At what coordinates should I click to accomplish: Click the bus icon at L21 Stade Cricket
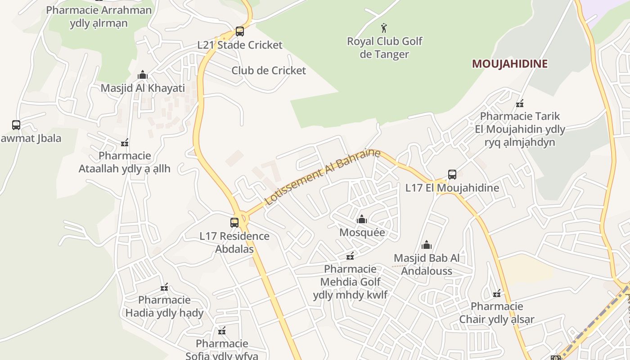[x=240, y=31]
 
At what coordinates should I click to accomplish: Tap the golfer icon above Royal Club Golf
[x=384, y=28]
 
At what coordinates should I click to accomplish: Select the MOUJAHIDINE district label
[x=509, y=64]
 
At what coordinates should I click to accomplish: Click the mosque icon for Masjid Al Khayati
[x=143, y=75]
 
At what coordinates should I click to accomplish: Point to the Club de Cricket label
[x=269, y=71]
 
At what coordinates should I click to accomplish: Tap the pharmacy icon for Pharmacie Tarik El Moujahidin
[x=520, y=103]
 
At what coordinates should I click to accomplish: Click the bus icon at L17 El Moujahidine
[x=452, y=175]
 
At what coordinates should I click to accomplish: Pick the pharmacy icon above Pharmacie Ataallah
[x=125, y=143]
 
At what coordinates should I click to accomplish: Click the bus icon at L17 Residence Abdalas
[x=234, y=222]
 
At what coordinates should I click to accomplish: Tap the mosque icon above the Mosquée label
[x=362, y=220]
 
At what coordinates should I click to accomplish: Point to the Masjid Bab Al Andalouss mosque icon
[x=427, y=245]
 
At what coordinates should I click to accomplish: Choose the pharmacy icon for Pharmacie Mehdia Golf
[x=350, y=256]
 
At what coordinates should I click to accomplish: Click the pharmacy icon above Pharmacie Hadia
[x=164, y=287]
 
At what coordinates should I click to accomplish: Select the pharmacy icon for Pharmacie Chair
[x=497, y=294]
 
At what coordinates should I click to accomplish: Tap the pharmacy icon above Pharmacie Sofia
[x=221, y=331]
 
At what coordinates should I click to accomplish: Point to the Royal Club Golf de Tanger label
[x=384, y=48]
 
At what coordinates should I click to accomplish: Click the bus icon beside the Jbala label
[x=16, y=125]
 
